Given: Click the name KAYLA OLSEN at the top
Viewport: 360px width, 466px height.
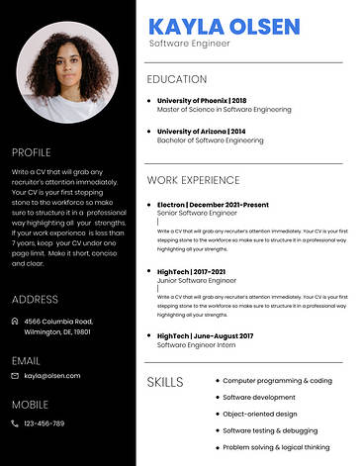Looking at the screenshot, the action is coord(223,25).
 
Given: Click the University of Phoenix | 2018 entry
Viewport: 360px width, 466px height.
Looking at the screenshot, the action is coord(202,100).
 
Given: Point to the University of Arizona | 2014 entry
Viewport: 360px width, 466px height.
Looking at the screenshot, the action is coord(202,131).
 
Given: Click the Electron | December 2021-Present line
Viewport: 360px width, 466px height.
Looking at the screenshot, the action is coord(213,203).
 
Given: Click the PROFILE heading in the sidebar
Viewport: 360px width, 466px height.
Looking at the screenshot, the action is coord(31,152).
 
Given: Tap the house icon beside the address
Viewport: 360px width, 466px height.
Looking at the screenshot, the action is coord(15,322).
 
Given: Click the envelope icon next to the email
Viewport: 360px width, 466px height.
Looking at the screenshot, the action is coord(15,376).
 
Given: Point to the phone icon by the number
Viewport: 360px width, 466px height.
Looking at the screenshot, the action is coord(15,423).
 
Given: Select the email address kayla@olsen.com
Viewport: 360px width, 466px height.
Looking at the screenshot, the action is coord(52,376).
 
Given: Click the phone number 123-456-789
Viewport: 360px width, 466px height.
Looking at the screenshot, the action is coord(45,423).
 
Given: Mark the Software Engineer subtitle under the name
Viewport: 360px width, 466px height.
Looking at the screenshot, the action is coord(189,44).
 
